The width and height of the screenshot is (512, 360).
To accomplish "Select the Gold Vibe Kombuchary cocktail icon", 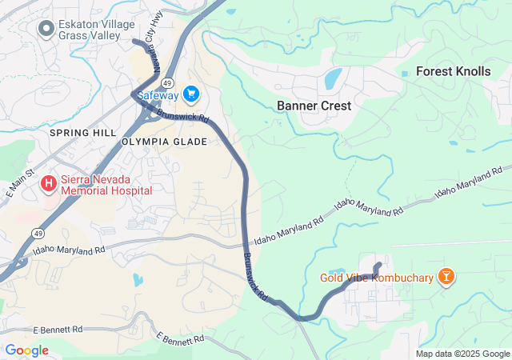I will pyautogui.click(x=446, y=278).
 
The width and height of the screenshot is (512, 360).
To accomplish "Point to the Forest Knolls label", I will pyautogui.click(x=453, y=71).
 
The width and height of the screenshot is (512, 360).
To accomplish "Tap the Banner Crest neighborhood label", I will pyautogui.click(x=314, y=106).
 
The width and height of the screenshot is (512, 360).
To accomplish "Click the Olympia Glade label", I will pyautogui.click(x=164, y=142).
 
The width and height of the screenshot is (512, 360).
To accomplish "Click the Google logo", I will pyautogui.click(x=26, y=350).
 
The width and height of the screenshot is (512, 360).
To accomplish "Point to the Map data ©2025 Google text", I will pyautogui.click(x=462, y=354).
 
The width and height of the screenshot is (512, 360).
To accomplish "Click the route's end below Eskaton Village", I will pyautogui.click(x=134, y=41).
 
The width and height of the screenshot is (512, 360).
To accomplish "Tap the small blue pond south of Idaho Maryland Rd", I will pyautogui.click(x=138, y=280).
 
